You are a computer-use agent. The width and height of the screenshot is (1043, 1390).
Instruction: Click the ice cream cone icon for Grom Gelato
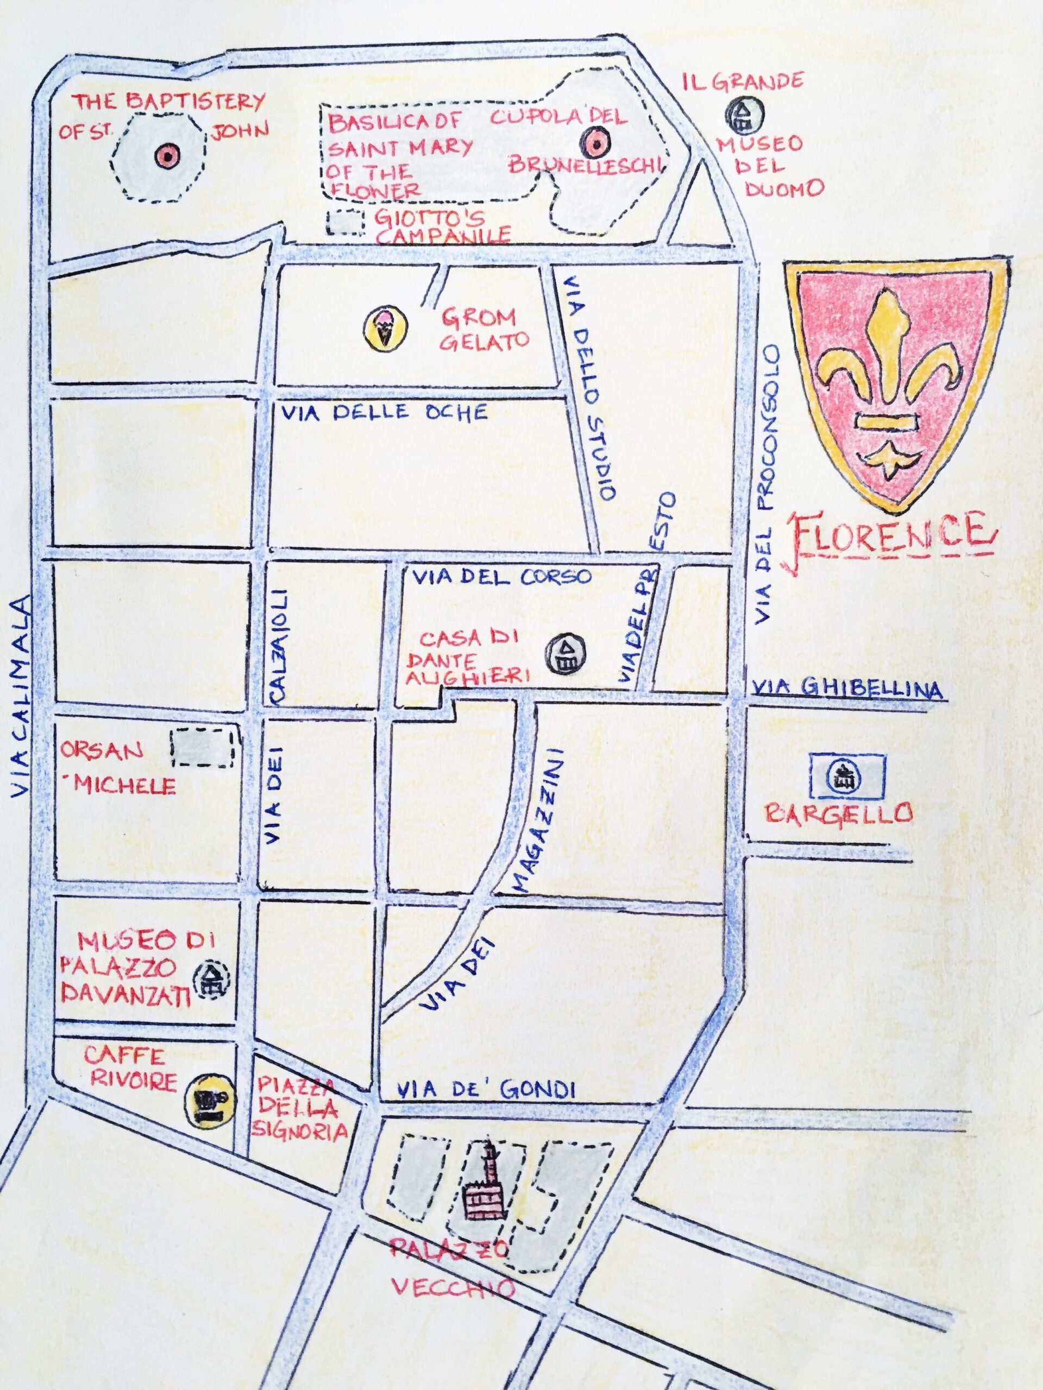click(385, 327)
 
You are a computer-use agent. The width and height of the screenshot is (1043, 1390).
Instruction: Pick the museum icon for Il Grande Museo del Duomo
click(744, 113)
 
